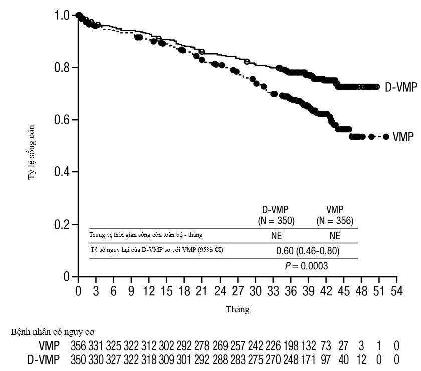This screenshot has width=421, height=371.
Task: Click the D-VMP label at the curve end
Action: point(400,87)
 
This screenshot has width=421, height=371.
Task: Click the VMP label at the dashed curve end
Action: point(403,137)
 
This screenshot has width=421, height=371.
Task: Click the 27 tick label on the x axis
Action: point(238,291)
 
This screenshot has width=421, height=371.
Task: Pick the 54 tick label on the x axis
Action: point(397,291)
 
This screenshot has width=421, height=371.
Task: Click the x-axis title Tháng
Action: point(238,310)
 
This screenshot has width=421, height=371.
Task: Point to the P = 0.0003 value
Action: point(306,266)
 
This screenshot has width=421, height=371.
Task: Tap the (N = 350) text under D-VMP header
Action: point(276,220)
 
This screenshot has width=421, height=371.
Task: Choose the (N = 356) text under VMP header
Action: point(335,220)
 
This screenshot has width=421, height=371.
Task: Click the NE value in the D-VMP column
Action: point(276,235)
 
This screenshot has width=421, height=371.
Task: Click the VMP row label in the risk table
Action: point(49,346)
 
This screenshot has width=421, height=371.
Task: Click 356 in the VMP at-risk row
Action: point(78,346)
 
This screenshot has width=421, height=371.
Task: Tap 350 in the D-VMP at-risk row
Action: point(78,359)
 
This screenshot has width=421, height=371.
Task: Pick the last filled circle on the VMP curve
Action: point(386,137)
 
